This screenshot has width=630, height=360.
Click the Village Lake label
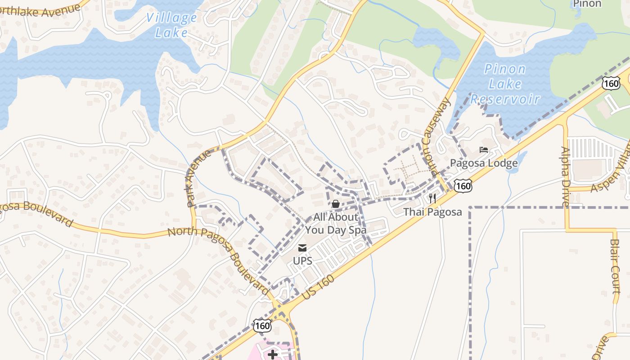pyautogui.click(x=171, y=25)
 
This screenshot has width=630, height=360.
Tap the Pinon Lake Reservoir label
pyautogui.click(x=505, y=84)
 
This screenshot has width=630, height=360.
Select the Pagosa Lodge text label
pyautogui.click(x=484, y=163)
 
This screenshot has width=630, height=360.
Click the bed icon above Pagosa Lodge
pyautogui.click(x=484, y=150)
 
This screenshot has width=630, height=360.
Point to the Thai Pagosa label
pyautogui.click(x=432, y=211)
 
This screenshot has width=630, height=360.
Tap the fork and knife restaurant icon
pyautogui.click(x=432, y=198)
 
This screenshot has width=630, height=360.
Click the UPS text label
pyautogui.click(x=302, y=261)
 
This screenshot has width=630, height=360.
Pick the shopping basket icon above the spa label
pyautogui.click(x=335, y=204)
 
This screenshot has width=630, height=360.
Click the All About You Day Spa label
pyautogui.click(x=336, y=224)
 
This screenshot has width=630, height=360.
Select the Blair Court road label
pyautogui.click(x=616, y=266)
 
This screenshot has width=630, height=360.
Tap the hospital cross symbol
pyautogui.click(x=273, y=355)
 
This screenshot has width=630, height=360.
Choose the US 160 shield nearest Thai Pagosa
pyautogui.click(x=463, y=186)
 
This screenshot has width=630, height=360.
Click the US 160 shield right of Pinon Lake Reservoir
pyautogui.click(x=612, y=83)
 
